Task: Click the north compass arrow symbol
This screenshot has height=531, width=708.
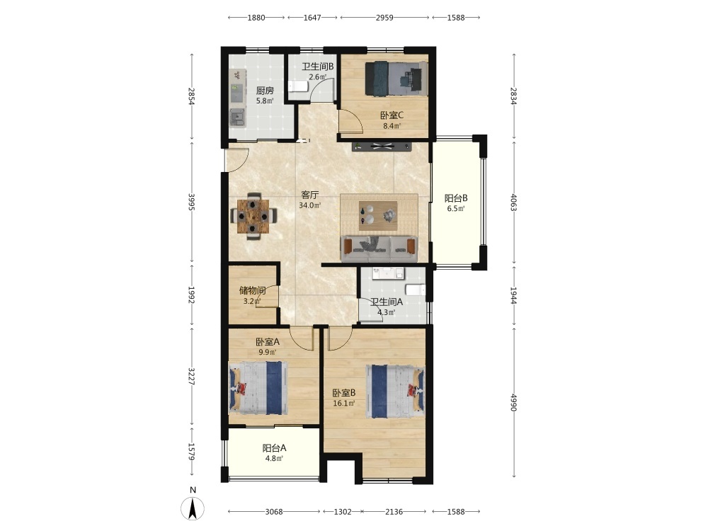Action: click(193, 508)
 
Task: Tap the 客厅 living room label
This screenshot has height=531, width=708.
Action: click(310, 195)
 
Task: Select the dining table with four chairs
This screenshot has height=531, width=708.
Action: click(253, 216)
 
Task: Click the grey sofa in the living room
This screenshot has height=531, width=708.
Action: click(379, 249)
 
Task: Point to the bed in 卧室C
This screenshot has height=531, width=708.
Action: click(396, 79)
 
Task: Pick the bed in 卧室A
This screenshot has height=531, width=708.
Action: click(258, 387)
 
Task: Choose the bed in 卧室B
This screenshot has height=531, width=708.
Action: click(395, 392)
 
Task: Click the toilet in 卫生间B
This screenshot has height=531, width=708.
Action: click(298, 86)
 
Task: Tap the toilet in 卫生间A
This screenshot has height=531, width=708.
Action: click(416, 290)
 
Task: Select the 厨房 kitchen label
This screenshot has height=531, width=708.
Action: click(265, 91)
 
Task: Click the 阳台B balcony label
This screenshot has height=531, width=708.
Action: click(455, 198)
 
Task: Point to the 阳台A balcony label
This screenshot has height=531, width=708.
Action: click(274, 448)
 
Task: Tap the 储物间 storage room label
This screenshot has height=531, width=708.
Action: click(252, 290)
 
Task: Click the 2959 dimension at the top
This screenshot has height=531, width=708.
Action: click(384, 18)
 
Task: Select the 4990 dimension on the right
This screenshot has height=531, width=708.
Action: click(514, 402)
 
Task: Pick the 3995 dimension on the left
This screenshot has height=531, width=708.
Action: click(191, 202)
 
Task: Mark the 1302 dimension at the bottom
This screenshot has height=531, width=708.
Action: click(343, 512)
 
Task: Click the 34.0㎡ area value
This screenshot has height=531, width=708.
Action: click(310, 205)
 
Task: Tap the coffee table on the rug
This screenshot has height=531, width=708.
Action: click(378, 212)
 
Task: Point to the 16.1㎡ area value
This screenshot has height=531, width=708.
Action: click(344, 404)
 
